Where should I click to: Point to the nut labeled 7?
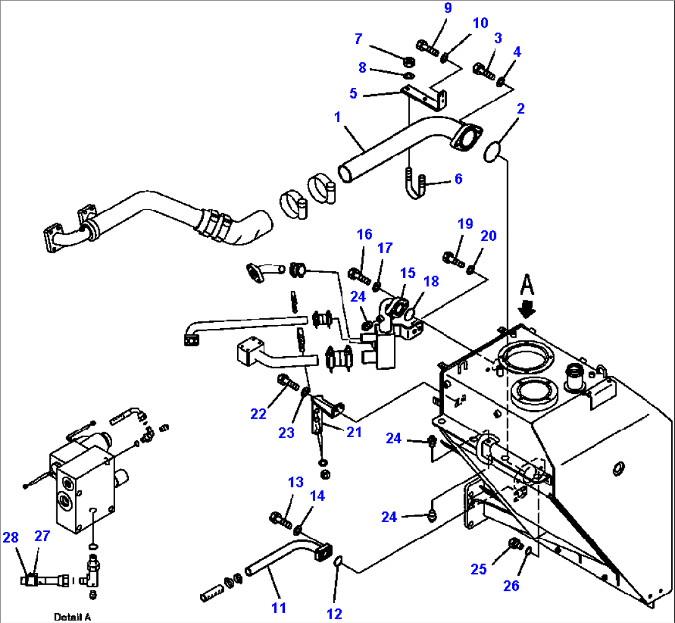pyautogui.click(x=409, y=62)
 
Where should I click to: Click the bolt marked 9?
pyautogui.click(x=427, y=46)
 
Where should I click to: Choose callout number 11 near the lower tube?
pyautogui.click(x=279, y=608)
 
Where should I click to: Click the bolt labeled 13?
pyautogui.click(x=281, y=519)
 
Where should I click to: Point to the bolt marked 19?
pyautogui.click(x=454, y=259)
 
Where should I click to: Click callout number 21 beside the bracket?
pyautogui.click(x=354, y=432)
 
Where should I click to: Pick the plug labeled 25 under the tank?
pyautogui.click(x=513, y=545)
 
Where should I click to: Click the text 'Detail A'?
pyautogui.click(x=72, y=616)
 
